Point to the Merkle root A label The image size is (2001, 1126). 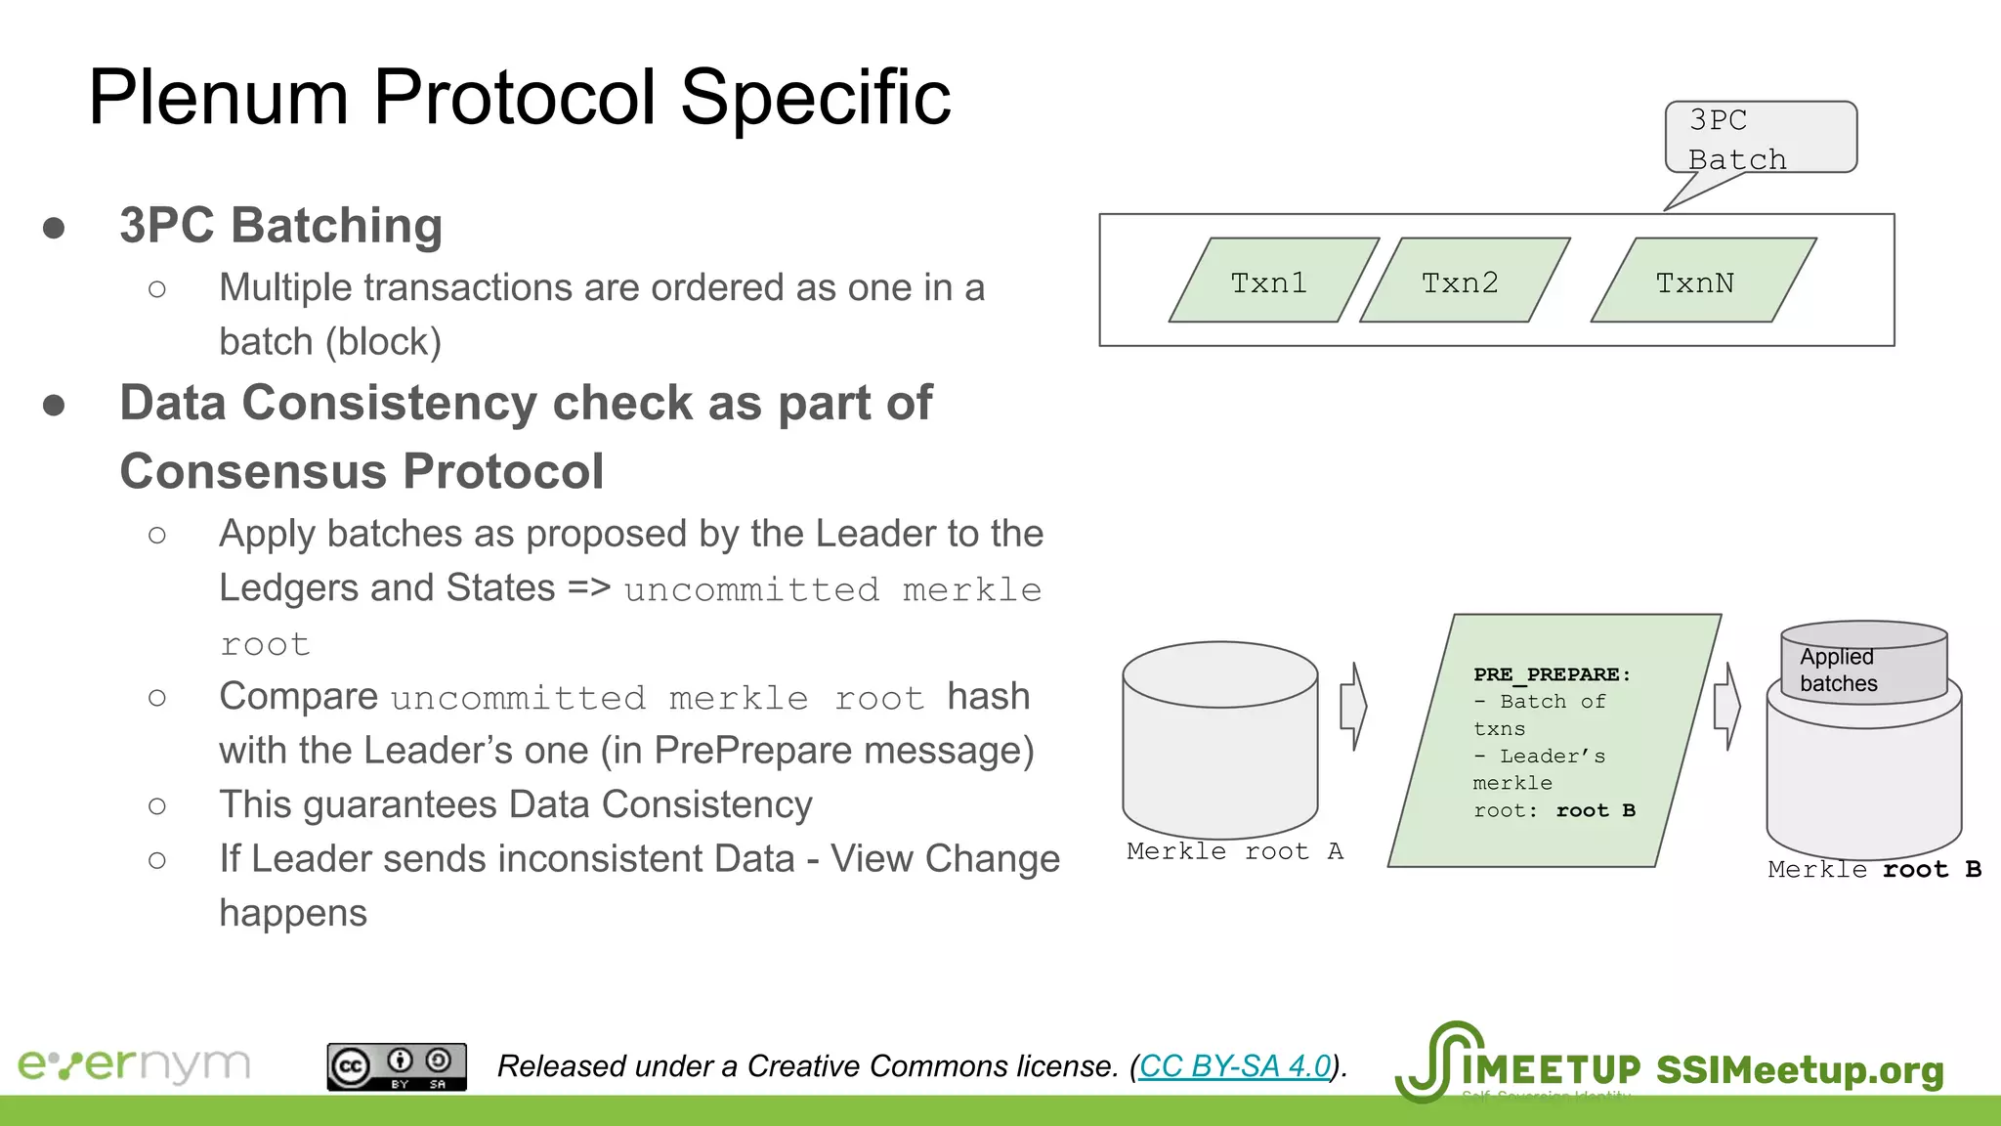(1234, 851)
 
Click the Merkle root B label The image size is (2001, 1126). (1873, 869)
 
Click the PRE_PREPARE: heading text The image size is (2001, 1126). (1551, 674)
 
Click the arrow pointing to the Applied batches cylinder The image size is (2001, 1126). (1727, 706)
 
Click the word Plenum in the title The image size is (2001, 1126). (218, 98)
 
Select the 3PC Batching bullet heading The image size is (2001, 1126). (280, 226)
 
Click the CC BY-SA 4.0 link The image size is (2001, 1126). (1234, 1065)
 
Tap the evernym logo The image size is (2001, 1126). (134, 1064)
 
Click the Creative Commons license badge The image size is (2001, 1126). (396, 1066)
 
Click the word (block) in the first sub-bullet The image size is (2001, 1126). (383, 342)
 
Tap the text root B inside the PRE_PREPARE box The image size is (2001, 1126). (1595, 810)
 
